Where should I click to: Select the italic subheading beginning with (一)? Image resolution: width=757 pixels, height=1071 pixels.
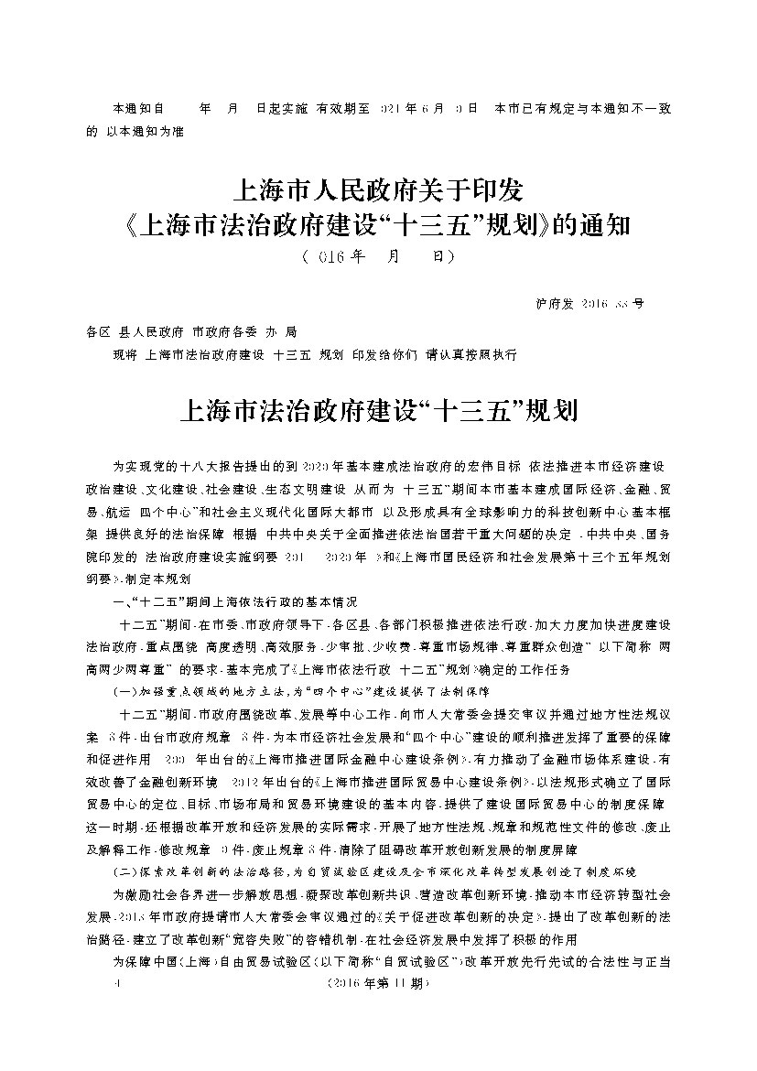tap(301, 693)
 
